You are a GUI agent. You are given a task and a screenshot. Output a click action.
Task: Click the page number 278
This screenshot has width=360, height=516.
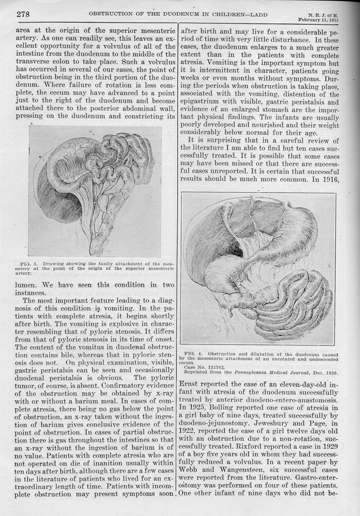pos(23,13)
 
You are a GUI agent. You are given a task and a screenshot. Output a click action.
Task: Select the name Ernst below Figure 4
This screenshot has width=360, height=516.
pos(192,385)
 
